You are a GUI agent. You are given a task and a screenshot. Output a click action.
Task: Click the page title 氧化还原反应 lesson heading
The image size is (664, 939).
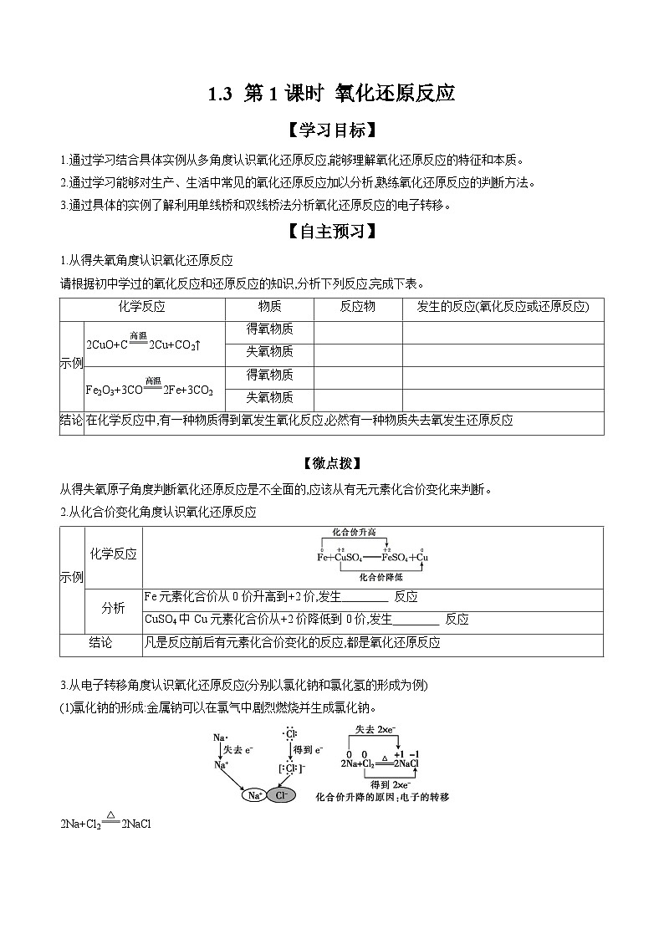331,94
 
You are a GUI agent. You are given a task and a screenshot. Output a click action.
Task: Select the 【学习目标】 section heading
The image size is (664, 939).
331,131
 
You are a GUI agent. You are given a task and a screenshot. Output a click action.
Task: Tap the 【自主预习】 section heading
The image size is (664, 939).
331,232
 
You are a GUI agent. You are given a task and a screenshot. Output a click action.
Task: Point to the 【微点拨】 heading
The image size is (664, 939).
331,463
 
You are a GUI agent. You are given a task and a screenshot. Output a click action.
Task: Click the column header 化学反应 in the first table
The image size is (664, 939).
142,307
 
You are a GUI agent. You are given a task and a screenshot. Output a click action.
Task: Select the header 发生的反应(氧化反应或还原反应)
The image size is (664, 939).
503,307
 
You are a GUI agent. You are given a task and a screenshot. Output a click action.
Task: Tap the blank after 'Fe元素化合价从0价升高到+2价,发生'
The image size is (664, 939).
365,597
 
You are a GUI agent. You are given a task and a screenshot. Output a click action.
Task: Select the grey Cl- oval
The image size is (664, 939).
281,796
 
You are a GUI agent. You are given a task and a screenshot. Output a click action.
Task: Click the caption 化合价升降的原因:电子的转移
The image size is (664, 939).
382,798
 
